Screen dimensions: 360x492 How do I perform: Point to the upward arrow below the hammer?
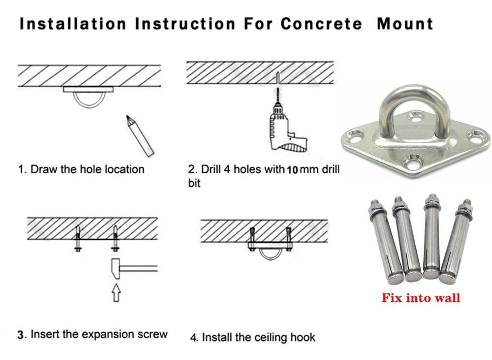117,293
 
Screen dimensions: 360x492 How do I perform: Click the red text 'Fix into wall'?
421,297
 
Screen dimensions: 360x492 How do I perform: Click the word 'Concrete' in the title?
321,24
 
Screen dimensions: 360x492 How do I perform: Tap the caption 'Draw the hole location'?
87,169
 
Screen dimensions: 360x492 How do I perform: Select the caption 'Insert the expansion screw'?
99,334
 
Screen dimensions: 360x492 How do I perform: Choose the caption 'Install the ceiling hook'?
259,337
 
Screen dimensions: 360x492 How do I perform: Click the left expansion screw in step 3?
77,237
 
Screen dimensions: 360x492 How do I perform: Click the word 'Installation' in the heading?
71,24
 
